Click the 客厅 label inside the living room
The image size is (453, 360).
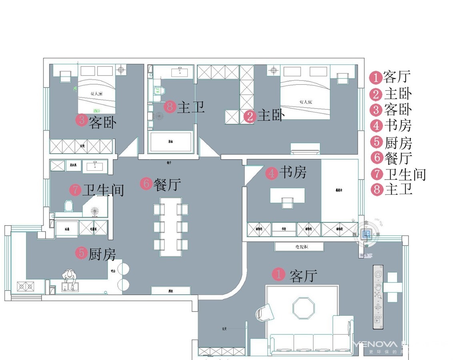coord(303,275)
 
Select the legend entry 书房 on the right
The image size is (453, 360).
coord(397,126)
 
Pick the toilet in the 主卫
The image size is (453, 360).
coord(158,91)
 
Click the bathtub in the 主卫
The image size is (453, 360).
coord(170,142)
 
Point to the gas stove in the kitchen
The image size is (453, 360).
coord(25,286)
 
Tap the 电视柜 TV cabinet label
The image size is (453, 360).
coord(299,247)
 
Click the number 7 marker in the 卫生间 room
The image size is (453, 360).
coord(75,190)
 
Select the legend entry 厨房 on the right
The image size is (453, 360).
coord(398,142)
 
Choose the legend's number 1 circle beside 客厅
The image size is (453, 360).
coord(375,76)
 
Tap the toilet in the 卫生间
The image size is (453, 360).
coord(69,206)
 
